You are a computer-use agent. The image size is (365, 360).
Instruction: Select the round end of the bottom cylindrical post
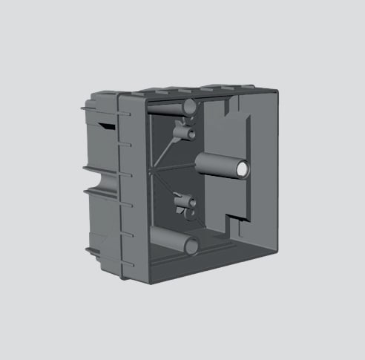pos(192,245)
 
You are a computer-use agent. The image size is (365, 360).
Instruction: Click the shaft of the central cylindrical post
pos(219,166)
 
